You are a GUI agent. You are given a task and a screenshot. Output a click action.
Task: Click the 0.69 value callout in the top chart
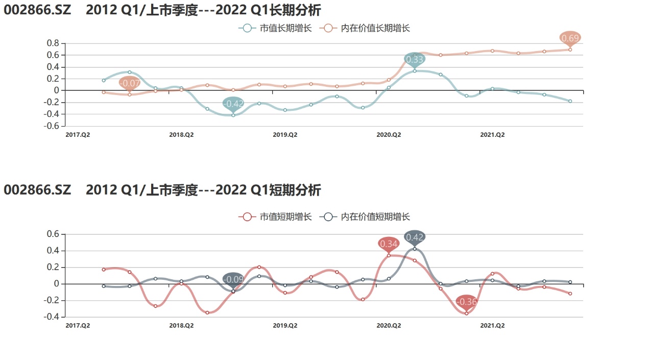pyautogui.click(x=570, y=38)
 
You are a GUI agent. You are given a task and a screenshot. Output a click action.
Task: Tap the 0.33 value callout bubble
pyautogui.click(x=415, y=59)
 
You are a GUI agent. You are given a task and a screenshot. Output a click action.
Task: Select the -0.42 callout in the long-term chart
pyautogui.click(x=233, y=104)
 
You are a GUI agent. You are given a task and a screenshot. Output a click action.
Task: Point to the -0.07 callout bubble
pyautogui.click(x=130, y=83)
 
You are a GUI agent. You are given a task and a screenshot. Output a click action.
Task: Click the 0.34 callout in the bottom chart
pyautogui.click(x=389, y=244)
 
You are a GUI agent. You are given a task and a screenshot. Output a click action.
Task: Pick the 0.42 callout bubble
pyautogui.click(x=415, y=237)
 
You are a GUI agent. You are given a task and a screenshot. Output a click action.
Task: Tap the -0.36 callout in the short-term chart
pyautogui.click(x=466, y=302)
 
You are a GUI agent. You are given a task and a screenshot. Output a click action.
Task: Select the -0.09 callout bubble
pyautogui.click(x=233, y=279)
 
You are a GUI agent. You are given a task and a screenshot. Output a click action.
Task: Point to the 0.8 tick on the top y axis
pyautogui.click(x=54, y=43)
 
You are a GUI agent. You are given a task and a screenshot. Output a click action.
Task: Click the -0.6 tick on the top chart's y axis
pyautogui.click(x=52, y=126)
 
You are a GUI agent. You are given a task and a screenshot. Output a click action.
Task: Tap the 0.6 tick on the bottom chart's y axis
pyautogui.click(x=54, y=234)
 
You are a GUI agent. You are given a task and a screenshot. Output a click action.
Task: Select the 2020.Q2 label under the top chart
pyautogui.click(x=389, y=135)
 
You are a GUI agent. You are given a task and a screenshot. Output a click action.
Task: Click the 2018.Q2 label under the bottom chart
pyautogui.click(x=181, y=325)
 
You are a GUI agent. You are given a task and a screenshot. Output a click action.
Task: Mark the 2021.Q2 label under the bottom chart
pyautogui.click(x=492, y=325)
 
